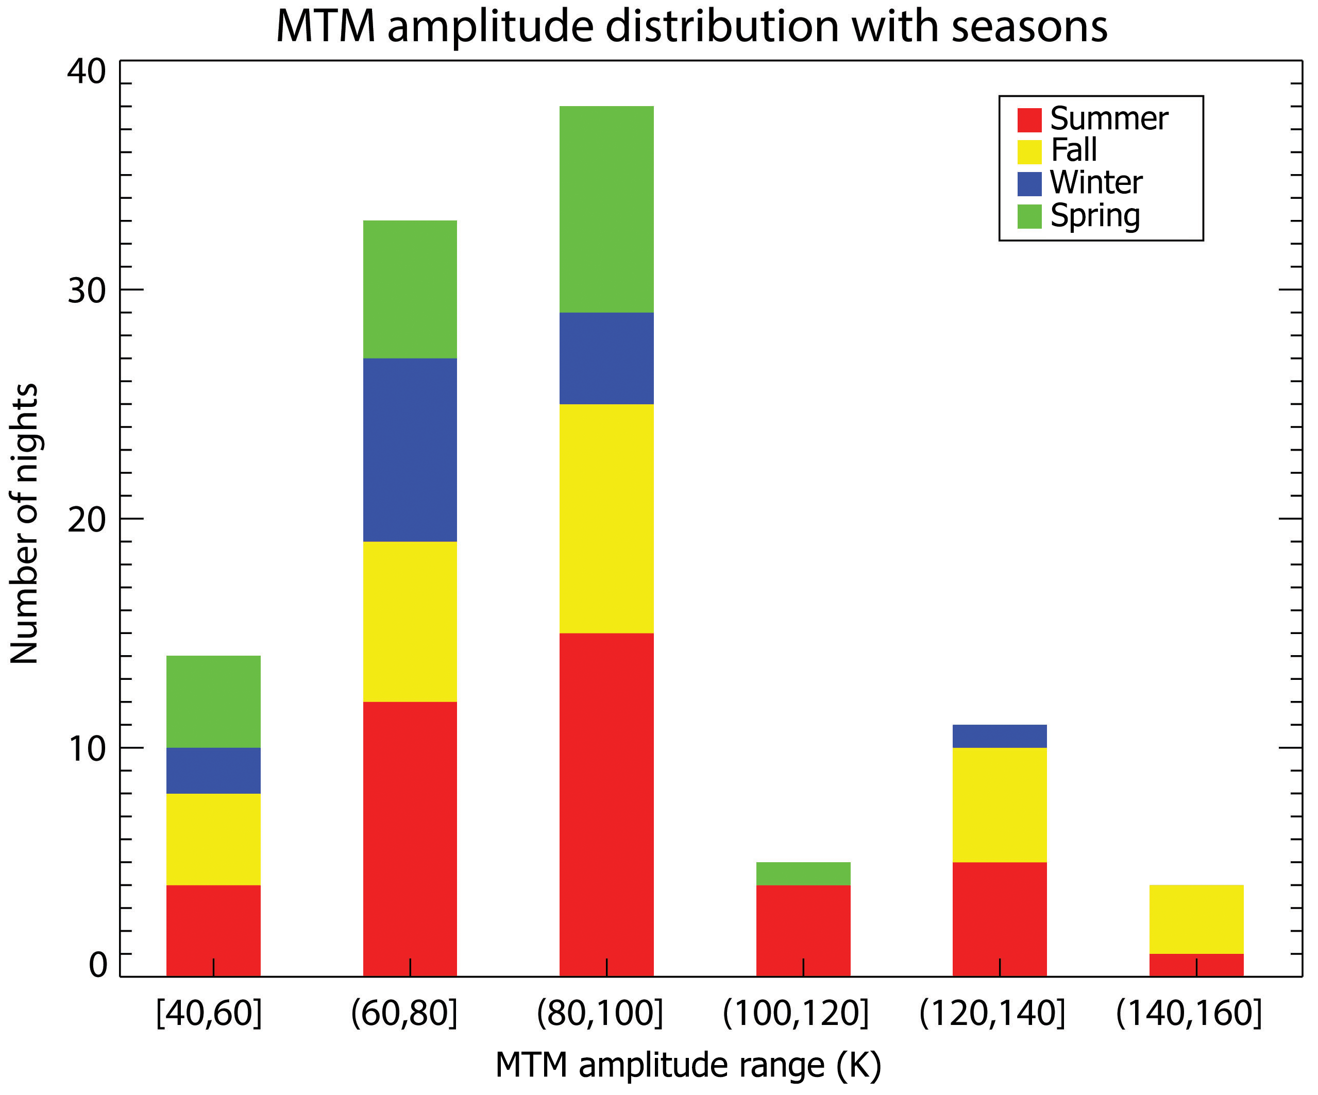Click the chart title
point(691,26)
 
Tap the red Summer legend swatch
point(1029,120)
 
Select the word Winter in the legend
point(1096,183)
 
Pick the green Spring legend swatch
point(1029,216)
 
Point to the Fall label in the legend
point(1074,150)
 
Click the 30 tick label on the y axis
point(87,290)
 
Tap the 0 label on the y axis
point(98,966)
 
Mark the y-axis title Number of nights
point(25,523)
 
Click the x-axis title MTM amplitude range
point(688,1066)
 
